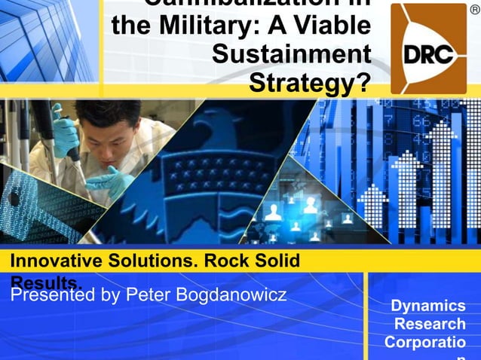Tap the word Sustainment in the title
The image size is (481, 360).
point(291,55)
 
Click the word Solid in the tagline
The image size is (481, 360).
point(274,261)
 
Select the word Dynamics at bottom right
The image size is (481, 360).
point(427,306)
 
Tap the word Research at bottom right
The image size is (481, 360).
point(430,324)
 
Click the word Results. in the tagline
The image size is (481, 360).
point(45,281)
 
